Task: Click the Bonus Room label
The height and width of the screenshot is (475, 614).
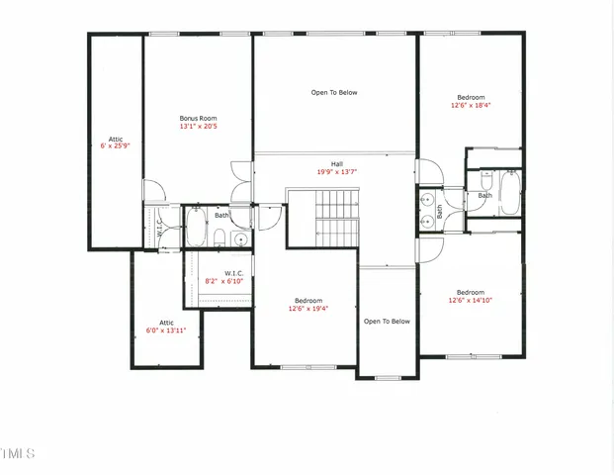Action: [198, 118]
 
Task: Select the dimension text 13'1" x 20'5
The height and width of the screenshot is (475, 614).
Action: [198, 127]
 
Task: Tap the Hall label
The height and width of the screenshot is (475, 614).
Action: [336, 163]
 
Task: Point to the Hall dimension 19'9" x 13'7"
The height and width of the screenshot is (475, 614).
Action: [336, 172]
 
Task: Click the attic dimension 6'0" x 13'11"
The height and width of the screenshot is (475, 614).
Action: [166, 331]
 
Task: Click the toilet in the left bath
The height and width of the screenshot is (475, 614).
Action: [219, 238]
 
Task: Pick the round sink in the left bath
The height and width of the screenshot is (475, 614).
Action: [239, 238]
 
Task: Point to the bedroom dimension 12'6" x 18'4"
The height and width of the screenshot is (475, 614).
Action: [471, 106]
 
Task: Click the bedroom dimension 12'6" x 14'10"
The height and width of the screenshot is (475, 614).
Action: [471, 300]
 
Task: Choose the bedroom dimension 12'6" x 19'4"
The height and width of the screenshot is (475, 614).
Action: [307, 308]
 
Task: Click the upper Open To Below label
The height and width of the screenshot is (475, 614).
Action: [334, 93]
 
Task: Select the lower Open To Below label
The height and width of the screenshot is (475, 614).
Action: [387, 321]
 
